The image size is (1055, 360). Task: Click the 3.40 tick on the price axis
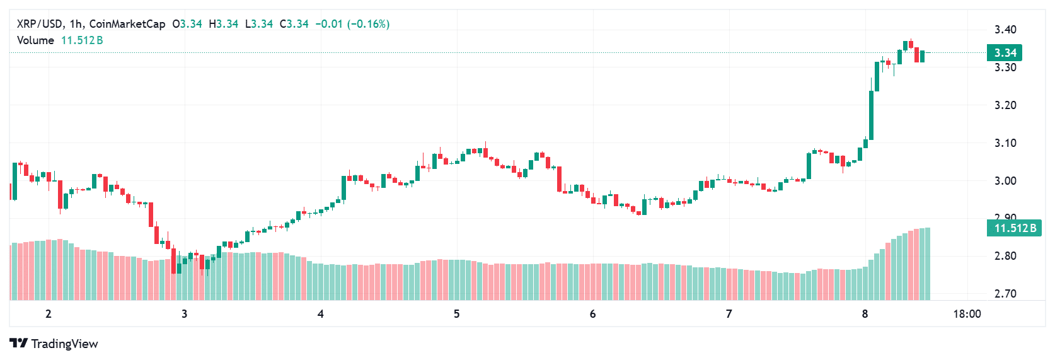point(1005,30)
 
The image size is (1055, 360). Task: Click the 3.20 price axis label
point(1005,105)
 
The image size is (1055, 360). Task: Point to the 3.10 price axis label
point(1005,143)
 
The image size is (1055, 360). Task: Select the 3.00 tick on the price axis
point(1005,181)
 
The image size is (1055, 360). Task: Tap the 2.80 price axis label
point(1005,256)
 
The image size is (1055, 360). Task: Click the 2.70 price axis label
point(1005,294)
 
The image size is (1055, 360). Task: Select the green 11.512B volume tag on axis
point(1014,228)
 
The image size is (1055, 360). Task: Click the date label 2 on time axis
point(49,314)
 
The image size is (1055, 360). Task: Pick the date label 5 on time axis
point(456,314)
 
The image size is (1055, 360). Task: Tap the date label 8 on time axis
point(865,314)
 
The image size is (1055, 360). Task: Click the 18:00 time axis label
point(966,314)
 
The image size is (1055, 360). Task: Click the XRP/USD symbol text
point(40,24)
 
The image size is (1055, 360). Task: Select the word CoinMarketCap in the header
point(127,24)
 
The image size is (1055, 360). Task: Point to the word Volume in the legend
point(35,40)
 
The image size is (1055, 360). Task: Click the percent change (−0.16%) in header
point(368,24)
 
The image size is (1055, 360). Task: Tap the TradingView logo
point(54,344)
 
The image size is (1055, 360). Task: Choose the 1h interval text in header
point(76,24)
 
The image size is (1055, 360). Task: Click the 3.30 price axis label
point(1005,67)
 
